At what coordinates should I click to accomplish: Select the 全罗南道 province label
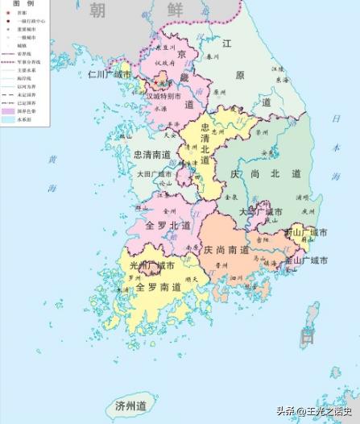[157, 287]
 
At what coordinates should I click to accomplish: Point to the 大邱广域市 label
[259, 211]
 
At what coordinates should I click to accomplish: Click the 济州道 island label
[130, 405]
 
